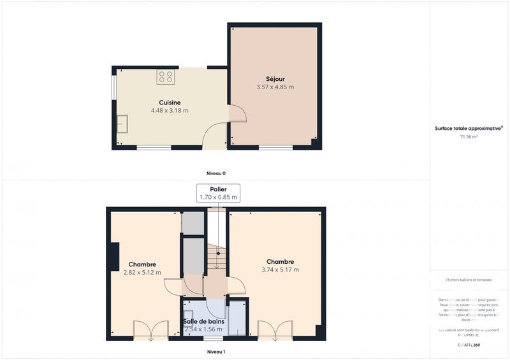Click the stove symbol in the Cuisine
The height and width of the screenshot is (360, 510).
pyautogui.click(x=166, y=77)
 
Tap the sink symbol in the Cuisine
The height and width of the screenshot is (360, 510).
pyautogui.click(x=121, y=123)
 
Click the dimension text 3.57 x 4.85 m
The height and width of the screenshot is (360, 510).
pyautogui.click(x=275, y=87)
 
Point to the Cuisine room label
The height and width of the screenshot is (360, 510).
pyautogui.click(x=170, y=102)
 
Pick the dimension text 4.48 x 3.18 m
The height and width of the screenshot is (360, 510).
pyautogui.click(x=170, y=110)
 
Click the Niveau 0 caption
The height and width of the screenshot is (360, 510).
pyautogui.click(x=215, y=173)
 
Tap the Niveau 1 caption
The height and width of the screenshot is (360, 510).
pyautogui.click(x=215, y=352)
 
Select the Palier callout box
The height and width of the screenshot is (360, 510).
pyautogui.click(x=218, y=193)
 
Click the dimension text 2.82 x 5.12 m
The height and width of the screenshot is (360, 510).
pyautogui.click(x=142, y=273)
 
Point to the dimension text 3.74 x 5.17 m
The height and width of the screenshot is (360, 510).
pyautogui.click(x=280, y=270)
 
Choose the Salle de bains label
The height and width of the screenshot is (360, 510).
pyautogui.click(x=204, y=322)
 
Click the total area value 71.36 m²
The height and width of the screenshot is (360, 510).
pyautogui.click(x=469, y=136)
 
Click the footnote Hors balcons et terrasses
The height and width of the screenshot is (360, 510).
pyautogui.click(x=469, y=280)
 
